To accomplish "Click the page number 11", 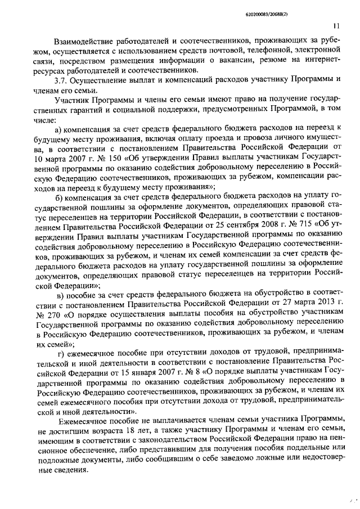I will (336, 25).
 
